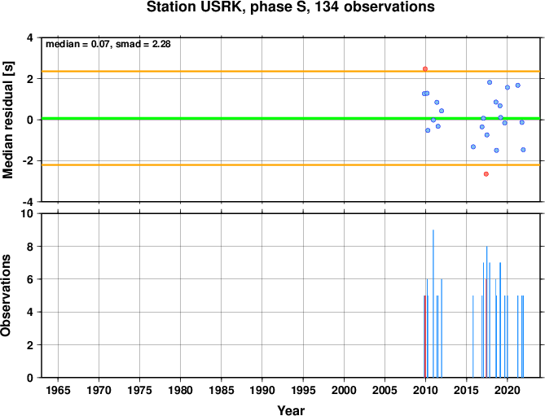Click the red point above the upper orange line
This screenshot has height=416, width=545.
click(424, 68)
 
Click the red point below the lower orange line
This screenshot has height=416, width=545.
click(486, 174)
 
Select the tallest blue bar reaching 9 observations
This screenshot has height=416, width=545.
click(433, 304)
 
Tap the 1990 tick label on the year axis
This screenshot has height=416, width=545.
click(262, 390)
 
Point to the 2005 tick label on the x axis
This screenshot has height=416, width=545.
click(385, 390)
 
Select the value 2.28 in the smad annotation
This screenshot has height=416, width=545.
click(161, 44)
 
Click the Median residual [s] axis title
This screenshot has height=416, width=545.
click(8, 120)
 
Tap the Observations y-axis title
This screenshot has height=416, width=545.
click(6, 296)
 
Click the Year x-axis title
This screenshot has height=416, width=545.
click(291, 410)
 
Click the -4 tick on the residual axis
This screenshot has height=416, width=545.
click(31, 202)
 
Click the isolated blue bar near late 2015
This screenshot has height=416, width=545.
click(472, 336)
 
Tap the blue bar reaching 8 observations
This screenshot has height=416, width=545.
click(486, 312)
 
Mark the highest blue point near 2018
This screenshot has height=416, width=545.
click(490, 82)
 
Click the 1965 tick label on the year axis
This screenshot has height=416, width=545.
click(58, 390)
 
